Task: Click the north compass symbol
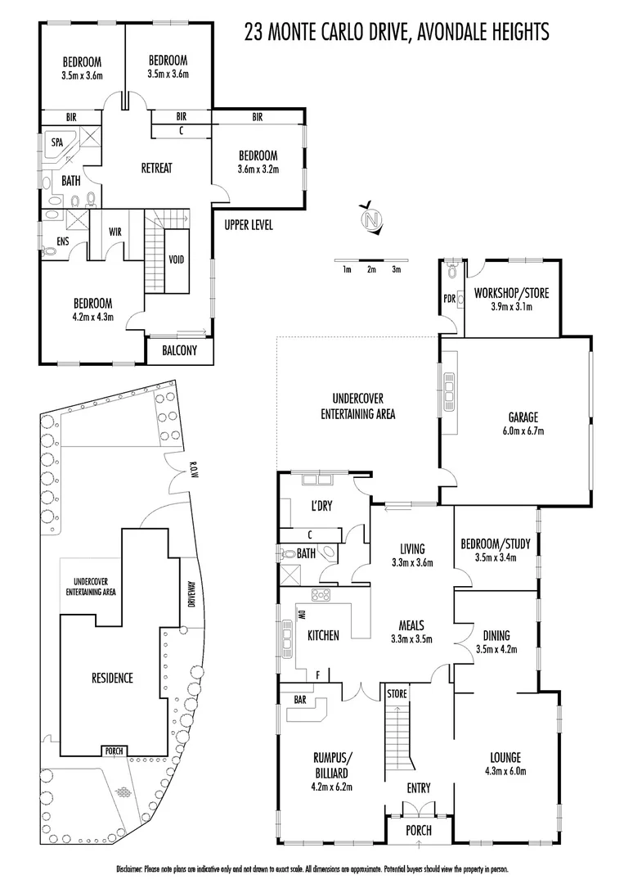click(x=372, y=219)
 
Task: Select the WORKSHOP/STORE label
click(x=511, y=293)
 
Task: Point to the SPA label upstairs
click(x=57, y=142)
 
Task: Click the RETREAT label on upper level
click(x=157, y=168)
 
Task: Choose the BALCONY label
click(x=180, y=350)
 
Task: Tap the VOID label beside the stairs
click(x=176, y=260)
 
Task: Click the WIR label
click(x=115, y=232)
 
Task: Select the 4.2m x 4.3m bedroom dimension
click(x=92, y=316)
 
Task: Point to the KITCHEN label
click(x=323, y=634)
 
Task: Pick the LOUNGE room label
click(x=505, y=757)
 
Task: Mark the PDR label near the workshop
click(x=448, y=299)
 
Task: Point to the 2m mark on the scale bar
click(x=371, y=269)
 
